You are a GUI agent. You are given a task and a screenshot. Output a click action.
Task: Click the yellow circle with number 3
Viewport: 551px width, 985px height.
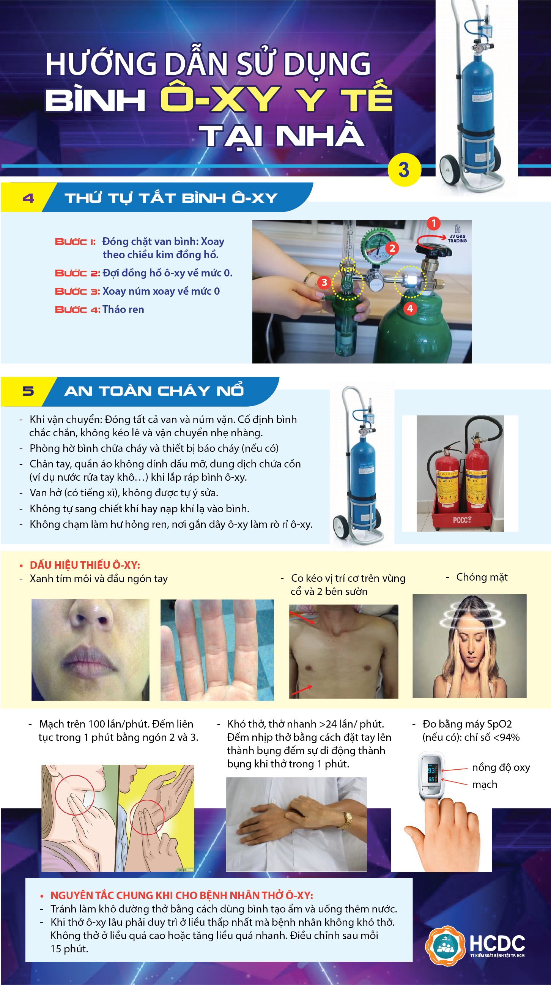[404, 170]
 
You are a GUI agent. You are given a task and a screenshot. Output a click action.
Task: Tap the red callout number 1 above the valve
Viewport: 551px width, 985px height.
[433, 223]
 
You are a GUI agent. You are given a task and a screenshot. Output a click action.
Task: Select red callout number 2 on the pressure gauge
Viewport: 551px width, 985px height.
[392, 248]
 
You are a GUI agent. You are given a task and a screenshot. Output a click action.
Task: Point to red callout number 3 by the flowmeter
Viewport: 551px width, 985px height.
[324, 282]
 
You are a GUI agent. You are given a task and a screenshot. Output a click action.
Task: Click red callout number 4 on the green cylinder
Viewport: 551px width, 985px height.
[410, 308]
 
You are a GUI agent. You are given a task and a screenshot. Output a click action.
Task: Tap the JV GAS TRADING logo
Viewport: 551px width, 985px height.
[457, 235]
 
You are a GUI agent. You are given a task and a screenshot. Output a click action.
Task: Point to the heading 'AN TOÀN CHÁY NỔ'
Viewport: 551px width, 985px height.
[154, 391]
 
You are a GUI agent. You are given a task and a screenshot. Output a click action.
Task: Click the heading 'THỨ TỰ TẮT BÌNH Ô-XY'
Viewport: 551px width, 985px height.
[171, 198]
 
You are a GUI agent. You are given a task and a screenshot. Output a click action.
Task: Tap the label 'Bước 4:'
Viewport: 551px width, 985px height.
[77, 310]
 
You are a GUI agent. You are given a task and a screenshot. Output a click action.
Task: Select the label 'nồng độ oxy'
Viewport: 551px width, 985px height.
[501, 767]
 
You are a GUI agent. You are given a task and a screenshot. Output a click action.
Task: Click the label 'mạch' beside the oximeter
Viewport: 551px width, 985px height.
[485, 784]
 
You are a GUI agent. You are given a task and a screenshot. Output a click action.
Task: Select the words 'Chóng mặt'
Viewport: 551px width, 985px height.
[482, 578]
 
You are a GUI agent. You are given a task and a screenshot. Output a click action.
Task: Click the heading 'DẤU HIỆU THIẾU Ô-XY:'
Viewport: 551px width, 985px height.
[85, 565]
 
